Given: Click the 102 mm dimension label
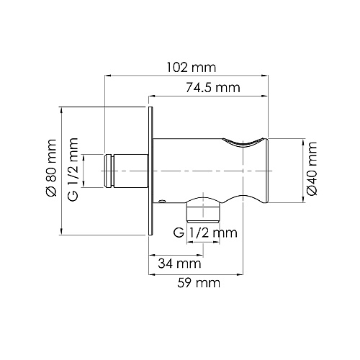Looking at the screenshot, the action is (x=192, y=68).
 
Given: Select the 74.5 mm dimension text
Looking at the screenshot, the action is (x=213, y=88).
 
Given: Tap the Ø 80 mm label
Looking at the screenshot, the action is (x=51, y=168).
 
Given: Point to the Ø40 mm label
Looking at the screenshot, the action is (x=312, y=168).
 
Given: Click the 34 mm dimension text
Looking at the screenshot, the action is (x=179, y=264).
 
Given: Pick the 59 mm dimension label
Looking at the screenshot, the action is (x=199, y=283).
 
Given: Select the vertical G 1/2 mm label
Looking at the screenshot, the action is (x=73, y=169).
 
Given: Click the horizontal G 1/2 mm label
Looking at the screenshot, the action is (x=205, y=233).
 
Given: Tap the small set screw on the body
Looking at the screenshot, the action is (x=163, y=201).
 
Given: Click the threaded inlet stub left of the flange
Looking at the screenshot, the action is (x=126, y=171).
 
